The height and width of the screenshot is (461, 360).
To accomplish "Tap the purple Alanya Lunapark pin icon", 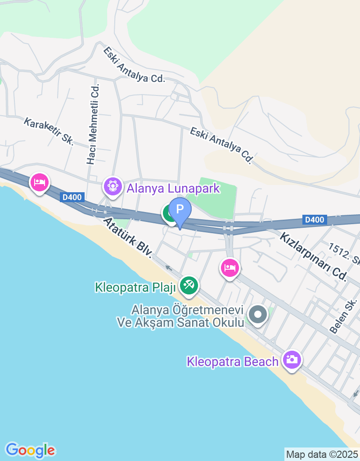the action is coord(112,185).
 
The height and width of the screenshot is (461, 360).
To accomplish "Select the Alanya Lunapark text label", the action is coord(173,188).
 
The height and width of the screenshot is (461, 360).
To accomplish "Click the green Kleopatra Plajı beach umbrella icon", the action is coord(189,285).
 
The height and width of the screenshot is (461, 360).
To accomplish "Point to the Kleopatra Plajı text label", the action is coord(135,287).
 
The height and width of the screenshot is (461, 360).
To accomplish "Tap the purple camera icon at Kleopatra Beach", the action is coord(292,359).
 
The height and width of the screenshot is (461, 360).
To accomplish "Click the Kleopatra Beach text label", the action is coord(233,362).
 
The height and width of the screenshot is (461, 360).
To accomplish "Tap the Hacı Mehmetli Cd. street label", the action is coord(93,124).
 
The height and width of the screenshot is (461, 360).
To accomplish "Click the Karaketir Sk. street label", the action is coord(49,131).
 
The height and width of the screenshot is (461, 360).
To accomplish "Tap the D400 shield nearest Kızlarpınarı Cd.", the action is coord(314,220).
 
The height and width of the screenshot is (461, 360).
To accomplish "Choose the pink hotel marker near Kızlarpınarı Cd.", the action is coord(230,268).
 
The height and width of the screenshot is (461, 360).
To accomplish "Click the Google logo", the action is coord(30,449).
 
